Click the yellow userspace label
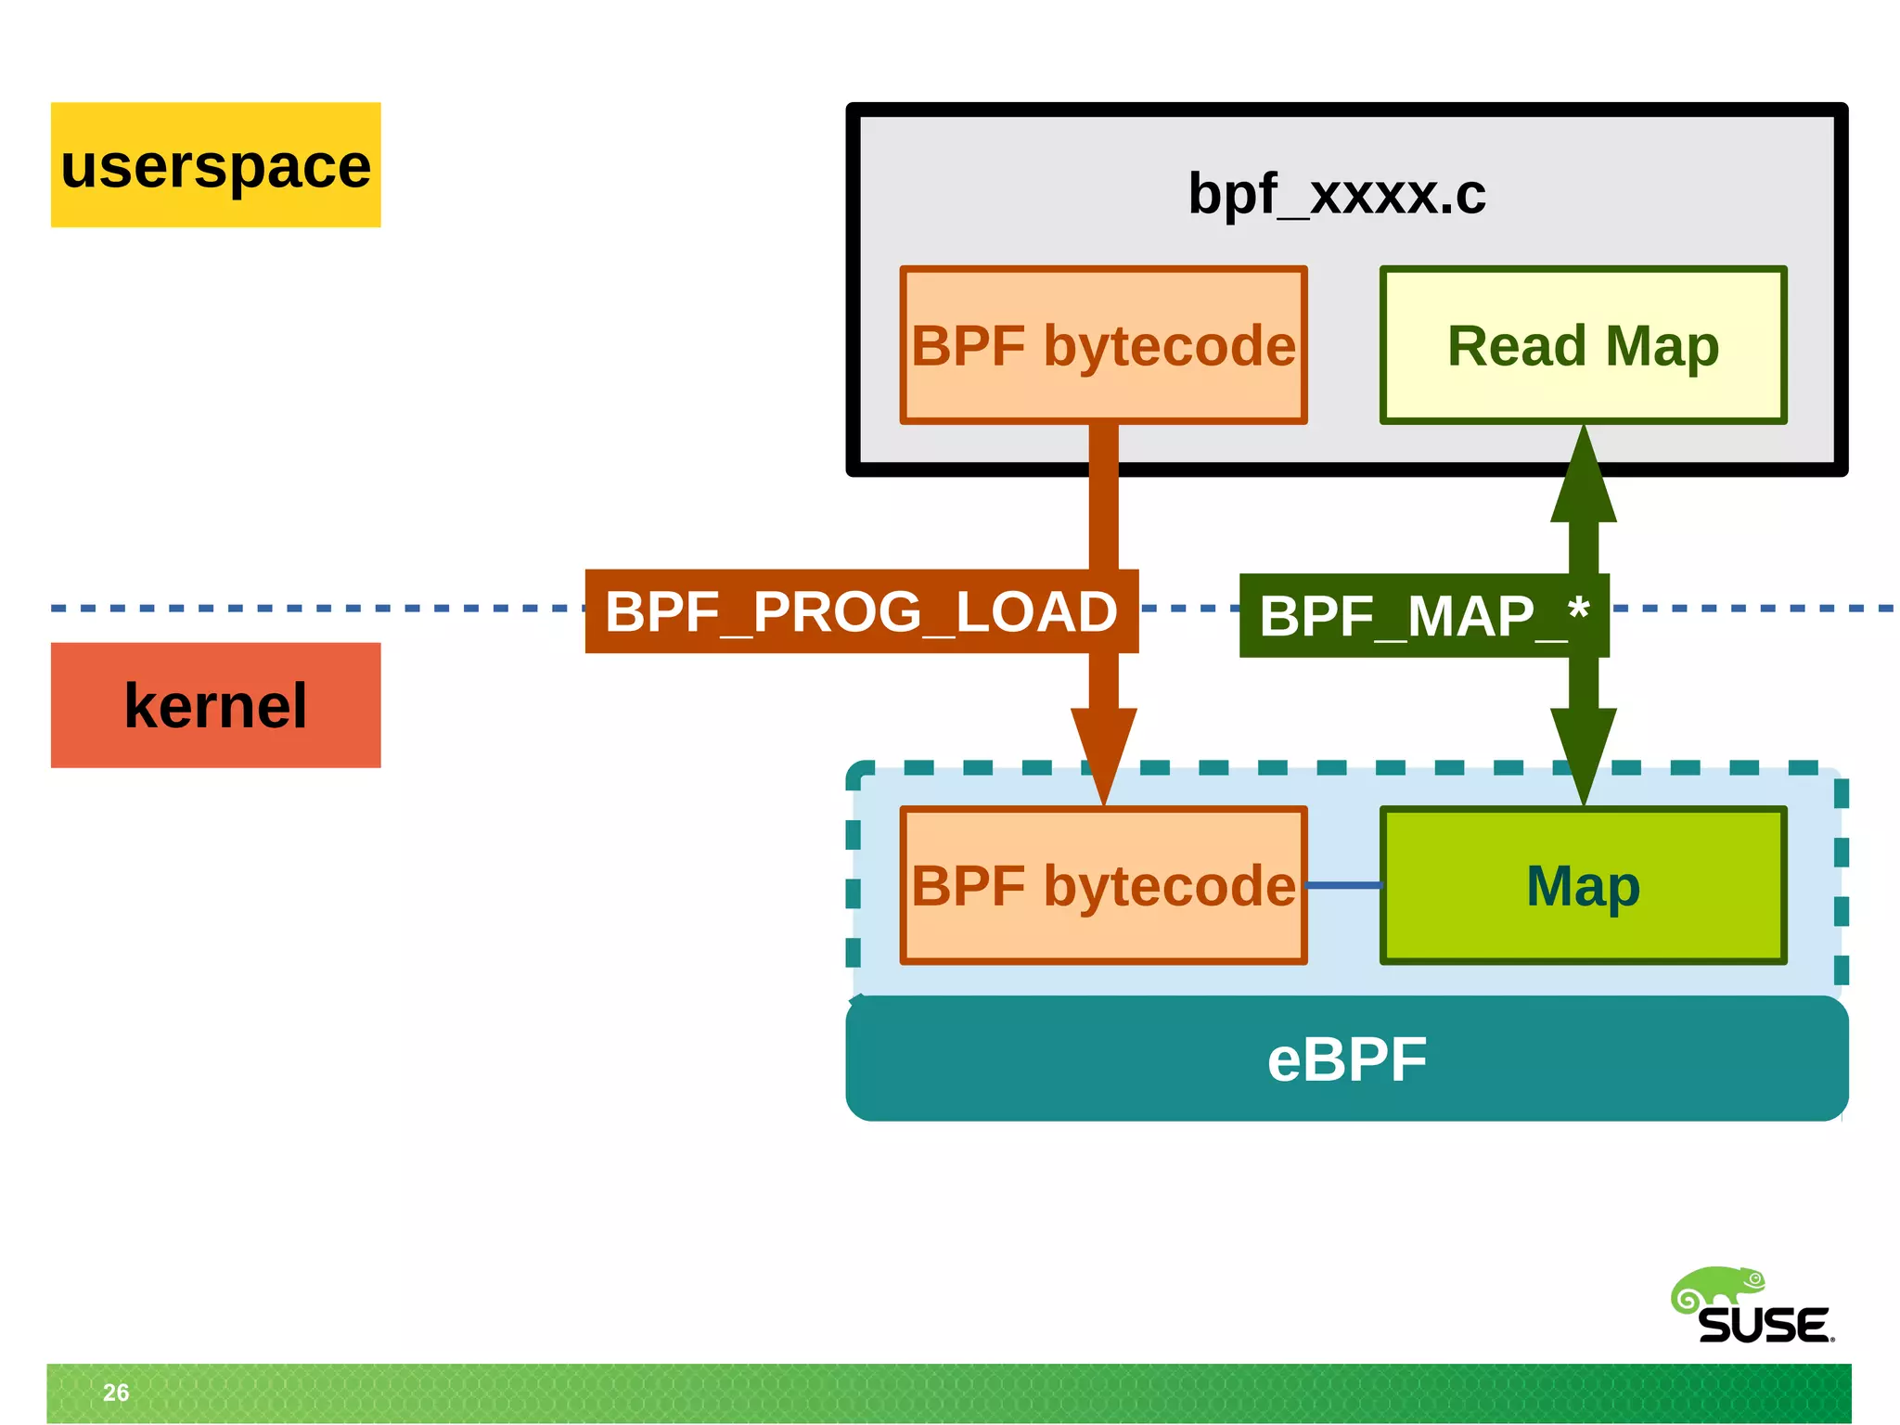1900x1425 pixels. click(215, 165)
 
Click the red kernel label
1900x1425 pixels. click(215, 705)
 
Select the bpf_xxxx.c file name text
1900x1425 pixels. click(1337, 194)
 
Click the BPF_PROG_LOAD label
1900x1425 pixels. click(860, 611)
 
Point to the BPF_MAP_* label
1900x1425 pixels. click(1423, 616)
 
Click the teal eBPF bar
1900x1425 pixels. click(1346, 1059)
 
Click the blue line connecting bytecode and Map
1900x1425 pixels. click(1343, 885)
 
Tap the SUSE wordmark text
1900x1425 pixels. click(1764, 1325)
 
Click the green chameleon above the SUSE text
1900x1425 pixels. click(1716, 1288)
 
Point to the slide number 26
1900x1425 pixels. click(116, 1392)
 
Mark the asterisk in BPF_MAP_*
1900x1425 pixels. click(1578, 610)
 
